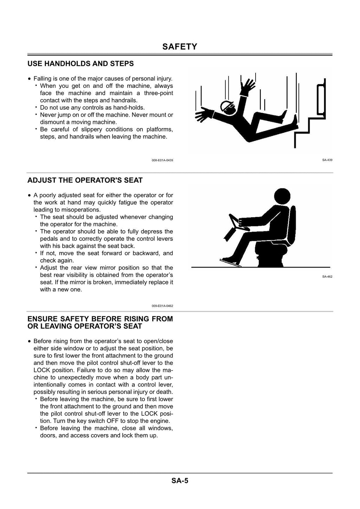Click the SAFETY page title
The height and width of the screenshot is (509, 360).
pyautogui.click(x=180, y=47)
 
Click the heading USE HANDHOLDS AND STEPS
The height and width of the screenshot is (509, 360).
pyautogui.click(x=81, y=64)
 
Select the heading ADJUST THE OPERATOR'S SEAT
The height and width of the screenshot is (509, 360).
pyautogui.click(x=85, y=180)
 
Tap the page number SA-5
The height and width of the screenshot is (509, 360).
pyautogui.click(x=180, y=481)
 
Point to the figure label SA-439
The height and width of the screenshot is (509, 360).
pyautogui.click(x=327, y=160)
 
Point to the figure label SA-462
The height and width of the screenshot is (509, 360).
pyautogui.click(x=327, y=277)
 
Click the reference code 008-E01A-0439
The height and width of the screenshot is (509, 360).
pyautogui.click(x=162, y=160)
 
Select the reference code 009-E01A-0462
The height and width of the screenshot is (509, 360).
pyautogui.click(x=162, y=306)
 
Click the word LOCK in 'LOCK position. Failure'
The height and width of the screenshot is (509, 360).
pyautogui.click(x=42, y=370)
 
